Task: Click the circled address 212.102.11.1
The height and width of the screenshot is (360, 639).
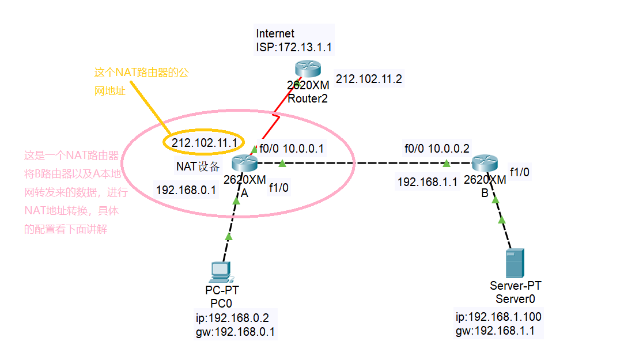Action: click(x=205, y=142)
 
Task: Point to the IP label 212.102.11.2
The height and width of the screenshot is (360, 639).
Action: click(x=369, y=79)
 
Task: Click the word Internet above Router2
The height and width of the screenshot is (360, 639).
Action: click(x=275, y=34)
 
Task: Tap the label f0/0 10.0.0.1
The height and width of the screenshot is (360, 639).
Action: click(x=291, y=149)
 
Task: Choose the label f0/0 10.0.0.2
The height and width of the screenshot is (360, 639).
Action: click(x=437, y=149)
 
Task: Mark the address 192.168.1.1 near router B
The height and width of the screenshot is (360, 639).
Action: click(x=427, y=182)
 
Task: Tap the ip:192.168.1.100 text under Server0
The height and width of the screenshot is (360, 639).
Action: click(x=498, y=317)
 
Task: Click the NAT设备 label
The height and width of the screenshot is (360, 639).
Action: click(x=198, y=167)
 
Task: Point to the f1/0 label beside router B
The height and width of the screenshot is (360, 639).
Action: click(x=519, y=171)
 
